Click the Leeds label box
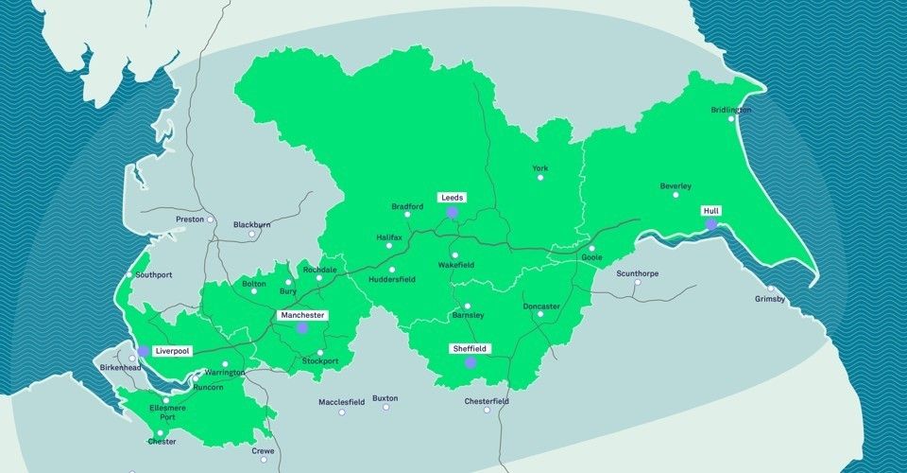[452, 198]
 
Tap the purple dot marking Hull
[710, 224]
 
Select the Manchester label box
[302, 314]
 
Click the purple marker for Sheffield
[470, 361]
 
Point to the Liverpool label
[172, 351]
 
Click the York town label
[539, 168]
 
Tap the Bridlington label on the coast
[731, 110]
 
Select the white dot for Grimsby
[771, 289]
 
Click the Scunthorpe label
[638, 273]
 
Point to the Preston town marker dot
[211, 220]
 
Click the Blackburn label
[251, 224]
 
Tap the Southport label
[154, 275]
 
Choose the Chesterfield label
[487, 401]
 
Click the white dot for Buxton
[385, 408]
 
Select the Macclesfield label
[341, 401]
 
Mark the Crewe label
[263, 451]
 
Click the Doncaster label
[541, 307]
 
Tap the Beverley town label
[676, 186]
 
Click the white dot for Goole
[591, 249]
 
